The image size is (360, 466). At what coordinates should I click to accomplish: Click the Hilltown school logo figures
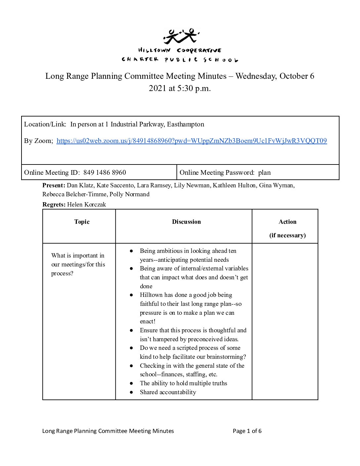(181, 36)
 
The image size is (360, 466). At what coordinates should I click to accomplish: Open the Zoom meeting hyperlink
(192, 141)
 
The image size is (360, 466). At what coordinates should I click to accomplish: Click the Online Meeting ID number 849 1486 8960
(105, 172)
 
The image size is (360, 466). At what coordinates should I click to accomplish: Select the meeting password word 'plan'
(264, 172)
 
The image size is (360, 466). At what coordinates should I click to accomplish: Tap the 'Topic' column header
(82, 222)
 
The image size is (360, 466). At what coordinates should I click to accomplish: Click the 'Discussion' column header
(186, 222)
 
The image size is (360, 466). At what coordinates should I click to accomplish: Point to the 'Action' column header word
(287, 222)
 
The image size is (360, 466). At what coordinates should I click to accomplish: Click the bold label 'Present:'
(54, 185)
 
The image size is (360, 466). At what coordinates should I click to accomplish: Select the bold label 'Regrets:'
(54, 205)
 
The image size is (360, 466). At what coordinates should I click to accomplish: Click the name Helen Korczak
(86, 205)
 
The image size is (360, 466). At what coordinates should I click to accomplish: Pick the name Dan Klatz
(80, 185)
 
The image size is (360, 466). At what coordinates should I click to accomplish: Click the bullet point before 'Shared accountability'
(131, 392)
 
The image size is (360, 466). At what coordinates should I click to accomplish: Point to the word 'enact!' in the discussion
(148, 321)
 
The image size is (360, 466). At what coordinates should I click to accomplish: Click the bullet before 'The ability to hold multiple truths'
(131, 383)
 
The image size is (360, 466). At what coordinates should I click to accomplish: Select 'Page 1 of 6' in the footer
(247, 431)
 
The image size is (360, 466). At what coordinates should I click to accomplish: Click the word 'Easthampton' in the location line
(185, 124)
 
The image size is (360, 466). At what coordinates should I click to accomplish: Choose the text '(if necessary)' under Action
(287, 235)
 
